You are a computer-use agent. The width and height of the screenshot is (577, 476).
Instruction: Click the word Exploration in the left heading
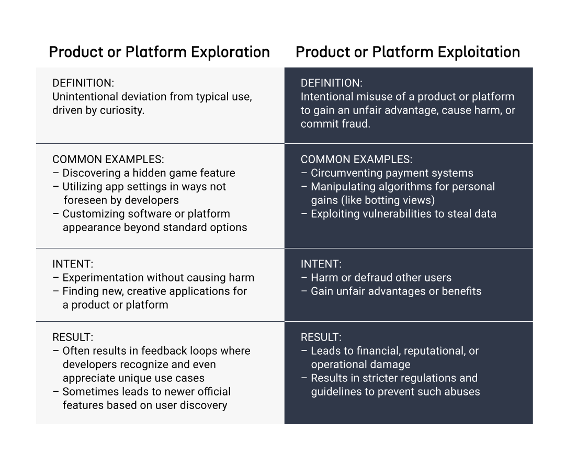pyautogui.click(x=230, y=52)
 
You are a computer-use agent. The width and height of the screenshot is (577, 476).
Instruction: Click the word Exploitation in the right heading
pyautogui.click(x=479, y=52)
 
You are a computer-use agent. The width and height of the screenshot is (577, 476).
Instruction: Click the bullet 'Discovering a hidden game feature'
pyautogui.click(x=149, y=173)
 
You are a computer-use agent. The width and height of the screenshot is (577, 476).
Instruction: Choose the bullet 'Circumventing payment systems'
pyautogui.click(x=392, y=173)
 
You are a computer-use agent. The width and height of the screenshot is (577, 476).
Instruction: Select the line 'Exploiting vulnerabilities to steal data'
pyautogui.click(x=399, y=214)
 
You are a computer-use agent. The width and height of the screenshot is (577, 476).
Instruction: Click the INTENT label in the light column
pyautogui.click(x=73, y=264)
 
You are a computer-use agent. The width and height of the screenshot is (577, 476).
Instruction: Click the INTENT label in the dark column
pyautogui.click(x=321, y=264)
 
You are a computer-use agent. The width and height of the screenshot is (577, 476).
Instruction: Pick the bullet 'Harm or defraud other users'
pyautogui.click(x=381, y=278)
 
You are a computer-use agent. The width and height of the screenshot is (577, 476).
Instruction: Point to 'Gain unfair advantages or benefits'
pyautogui.click(x=396, y=291)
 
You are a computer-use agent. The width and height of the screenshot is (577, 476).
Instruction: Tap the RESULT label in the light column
pyautogui.click(x=73, y=337)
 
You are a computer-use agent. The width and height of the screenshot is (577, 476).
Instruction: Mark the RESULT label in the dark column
pyautogui.click(x=321, y=337)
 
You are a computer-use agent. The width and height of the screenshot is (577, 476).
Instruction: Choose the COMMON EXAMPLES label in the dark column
pyautogui.click(x=357, y=160)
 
